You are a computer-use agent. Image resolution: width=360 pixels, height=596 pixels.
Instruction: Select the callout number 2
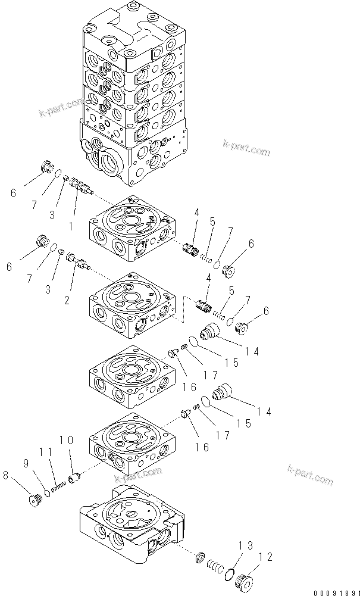67,301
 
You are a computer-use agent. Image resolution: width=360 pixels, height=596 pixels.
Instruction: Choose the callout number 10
66,441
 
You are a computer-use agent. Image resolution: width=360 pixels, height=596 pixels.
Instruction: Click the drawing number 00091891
331,589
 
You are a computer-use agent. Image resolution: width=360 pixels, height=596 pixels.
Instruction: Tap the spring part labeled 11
58,485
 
